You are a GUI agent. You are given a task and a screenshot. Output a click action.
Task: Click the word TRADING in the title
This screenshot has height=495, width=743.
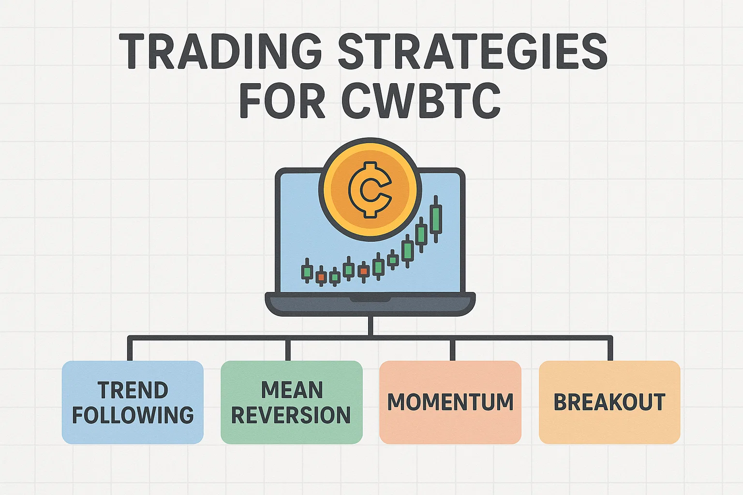221,51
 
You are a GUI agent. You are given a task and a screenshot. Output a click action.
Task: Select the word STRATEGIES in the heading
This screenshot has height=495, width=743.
473,51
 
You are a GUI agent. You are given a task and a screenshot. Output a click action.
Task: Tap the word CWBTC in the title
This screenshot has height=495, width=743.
421,100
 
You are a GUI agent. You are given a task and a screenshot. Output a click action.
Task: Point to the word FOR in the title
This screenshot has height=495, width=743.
282,100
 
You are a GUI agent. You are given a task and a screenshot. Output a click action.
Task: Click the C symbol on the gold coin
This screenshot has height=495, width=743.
370,189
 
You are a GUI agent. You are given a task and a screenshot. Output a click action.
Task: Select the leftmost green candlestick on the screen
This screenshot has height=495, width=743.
307,271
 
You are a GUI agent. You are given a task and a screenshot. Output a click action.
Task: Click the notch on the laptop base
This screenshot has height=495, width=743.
370,299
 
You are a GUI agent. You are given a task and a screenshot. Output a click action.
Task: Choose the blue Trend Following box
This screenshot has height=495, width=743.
133,402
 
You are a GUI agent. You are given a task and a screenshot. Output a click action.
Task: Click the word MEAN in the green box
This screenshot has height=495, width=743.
292,390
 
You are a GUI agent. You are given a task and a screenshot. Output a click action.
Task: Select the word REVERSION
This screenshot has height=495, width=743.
291,415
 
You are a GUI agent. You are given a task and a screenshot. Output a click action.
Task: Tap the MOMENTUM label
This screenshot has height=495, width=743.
450,402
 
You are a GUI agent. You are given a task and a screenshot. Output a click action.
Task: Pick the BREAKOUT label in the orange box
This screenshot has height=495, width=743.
609,402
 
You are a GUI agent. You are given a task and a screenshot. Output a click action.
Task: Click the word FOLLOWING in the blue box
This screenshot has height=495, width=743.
133,415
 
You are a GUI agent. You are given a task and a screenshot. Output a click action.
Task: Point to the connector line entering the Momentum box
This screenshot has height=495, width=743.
452,349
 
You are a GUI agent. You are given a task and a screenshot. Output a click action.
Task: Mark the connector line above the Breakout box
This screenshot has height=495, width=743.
610,349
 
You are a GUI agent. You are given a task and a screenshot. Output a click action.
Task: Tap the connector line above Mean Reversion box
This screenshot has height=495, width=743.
288,349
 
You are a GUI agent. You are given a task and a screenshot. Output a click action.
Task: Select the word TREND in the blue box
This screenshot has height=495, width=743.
133,390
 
